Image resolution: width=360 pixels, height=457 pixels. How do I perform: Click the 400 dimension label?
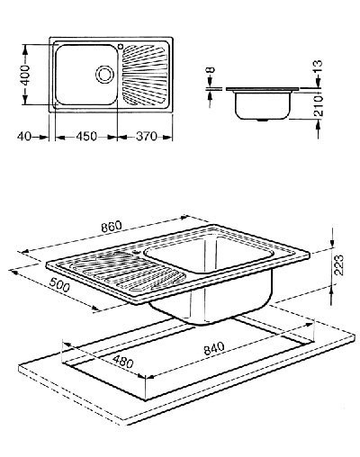26,75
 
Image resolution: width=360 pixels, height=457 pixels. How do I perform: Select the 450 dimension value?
86,137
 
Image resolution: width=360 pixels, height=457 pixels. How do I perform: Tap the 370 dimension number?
147,137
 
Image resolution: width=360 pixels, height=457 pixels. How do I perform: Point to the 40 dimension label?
24,137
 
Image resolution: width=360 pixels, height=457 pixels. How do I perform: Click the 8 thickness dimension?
211,70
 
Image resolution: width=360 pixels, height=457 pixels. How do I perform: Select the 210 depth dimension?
319,106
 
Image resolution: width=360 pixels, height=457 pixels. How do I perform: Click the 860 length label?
112,227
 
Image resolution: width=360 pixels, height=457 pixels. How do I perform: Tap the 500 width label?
59,285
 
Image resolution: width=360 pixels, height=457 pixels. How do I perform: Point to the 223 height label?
339,265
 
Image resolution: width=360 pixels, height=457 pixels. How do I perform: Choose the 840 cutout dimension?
214,348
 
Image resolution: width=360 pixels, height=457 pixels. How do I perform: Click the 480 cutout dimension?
123,361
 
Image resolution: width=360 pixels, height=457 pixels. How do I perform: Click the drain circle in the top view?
104,74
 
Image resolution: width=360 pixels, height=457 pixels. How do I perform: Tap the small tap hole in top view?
121,47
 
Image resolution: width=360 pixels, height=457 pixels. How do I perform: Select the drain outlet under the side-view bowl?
264,120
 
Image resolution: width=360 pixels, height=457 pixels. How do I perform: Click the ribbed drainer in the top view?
145,76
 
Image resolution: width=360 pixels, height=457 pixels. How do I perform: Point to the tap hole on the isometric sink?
138,252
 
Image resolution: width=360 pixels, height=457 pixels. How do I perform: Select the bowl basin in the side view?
263,105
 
